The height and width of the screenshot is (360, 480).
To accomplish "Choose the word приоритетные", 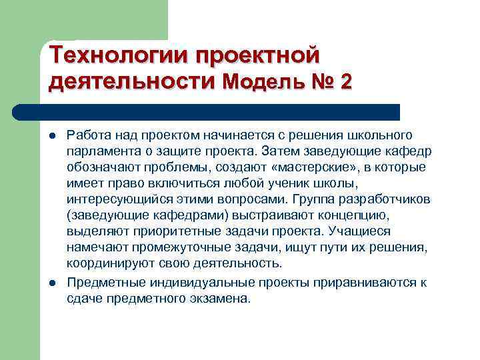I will tap(160, 231).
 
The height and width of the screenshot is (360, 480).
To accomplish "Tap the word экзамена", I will tap(221, 298).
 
